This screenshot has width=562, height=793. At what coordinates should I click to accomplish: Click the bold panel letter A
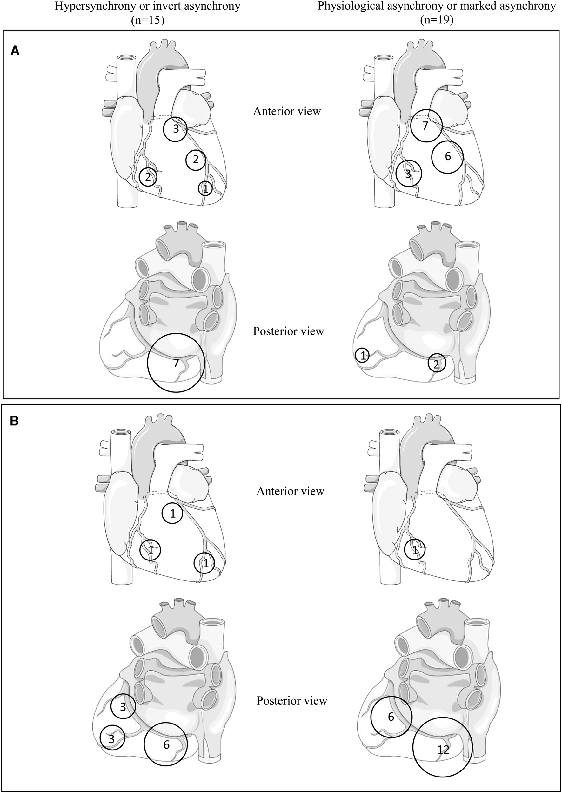[15, 51]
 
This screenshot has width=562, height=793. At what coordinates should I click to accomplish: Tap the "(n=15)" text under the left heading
[147, 20]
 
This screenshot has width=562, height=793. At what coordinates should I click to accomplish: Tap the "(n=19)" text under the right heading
[437, 20]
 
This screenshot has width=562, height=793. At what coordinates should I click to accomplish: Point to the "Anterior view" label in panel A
[287, 111]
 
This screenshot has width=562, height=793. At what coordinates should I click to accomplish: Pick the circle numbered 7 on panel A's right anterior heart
[426, 126]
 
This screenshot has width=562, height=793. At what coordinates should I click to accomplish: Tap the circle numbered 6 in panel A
[447, 157]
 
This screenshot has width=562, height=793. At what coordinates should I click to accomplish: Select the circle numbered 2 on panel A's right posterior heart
[437, 363]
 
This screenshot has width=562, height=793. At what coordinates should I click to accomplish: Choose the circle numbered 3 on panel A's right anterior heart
[409, 174]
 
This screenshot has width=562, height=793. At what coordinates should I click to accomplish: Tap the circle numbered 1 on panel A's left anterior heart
[205, 189]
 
